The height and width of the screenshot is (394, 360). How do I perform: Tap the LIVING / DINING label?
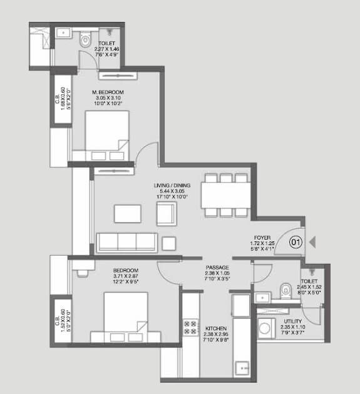coord(172,186)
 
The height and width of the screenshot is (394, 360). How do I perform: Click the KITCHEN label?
coord(215,329)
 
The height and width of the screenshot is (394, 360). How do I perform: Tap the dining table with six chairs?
coord(225,194)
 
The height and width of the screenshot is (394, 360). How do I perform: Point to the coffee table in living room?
coord(128,213)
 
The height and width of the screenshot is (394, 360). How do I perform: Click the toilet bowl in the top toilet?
coord(86,39)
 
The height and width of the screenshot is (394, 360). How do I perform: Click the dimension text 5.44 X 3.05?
coord(172,192)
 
